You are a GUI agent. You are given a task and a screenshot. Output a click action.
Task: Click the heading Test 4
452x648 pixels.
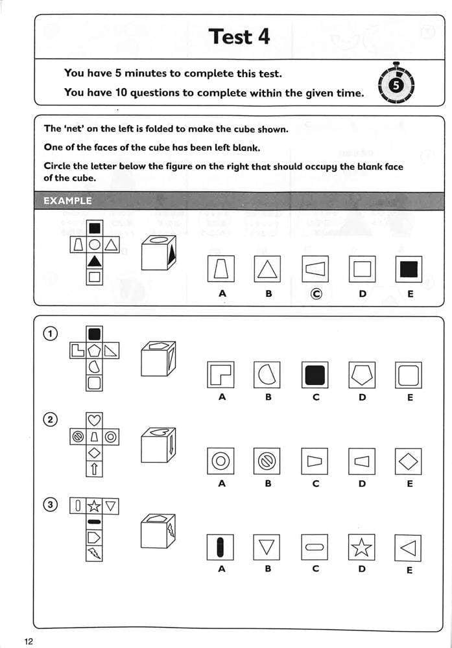(x=239, y=36)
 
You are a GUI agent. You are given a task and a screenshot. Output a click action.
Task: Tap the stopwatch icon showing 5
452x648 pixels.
(x=397, y=84)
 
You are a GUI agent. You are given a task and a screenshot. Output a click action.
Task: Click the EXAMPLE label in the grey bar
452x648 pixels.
(x=67, y=201)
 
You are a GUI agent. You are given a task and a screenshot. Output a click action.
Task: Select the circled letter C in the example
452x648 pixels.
(x=316, y=294)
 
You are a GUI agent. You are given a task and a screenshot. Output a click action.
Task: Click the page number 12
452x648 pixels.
(x=28, y=641)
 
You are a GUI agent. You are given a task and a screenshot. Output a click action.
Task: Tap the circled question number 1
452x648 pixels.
(x=50, y=334)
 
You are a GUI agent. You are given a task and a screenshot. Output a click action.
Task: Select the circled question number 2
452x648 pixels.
(x=50, y=419)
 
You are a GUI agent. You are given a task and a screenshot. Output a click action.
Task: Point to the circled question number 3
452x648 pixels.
(x=50, y=504)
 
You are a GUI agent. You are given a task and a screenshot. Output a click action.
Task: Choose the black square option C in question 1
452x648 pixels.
(x=315, y=375)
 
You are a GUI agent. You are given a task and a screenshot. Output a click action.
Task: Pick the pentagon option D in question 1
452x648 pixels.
(x=362, y=375)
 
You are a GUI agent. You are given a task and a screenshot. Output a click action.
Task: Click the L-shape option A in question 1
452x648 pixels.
(x=221, y=375)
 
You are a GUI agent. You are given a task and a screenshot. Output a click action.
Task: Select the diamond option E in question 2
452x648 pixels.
(x=408, y=461)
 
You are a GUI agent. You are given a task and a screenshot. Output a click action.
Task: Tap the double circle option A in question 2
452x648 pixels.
(x=221, y=461)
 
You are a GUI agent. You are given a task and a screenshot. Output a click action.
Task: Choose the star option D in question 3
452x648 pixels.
(x=362, y=548)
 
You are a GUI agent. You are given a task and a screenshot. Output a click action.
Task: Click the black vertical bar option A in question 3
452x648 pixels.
(x=221, y=548)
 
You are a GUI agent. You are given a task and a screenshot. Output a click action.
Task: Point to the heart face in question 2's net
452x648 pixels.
(x=94, y=421)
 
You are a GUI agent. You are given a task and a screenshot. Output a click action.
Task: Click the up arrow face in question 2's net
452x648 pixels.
(x=94, y=469)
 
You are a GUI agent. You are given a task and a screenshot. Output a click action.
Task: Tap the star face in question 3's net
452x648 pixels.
(x=94, y=506)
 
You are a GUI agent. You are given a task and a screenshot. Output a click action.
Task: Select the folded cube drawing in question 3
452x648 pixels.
(x=158, y=530)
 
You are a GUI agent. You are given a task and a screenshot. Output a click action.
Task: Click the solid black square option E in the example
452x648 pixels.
(x=408, y=269)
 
